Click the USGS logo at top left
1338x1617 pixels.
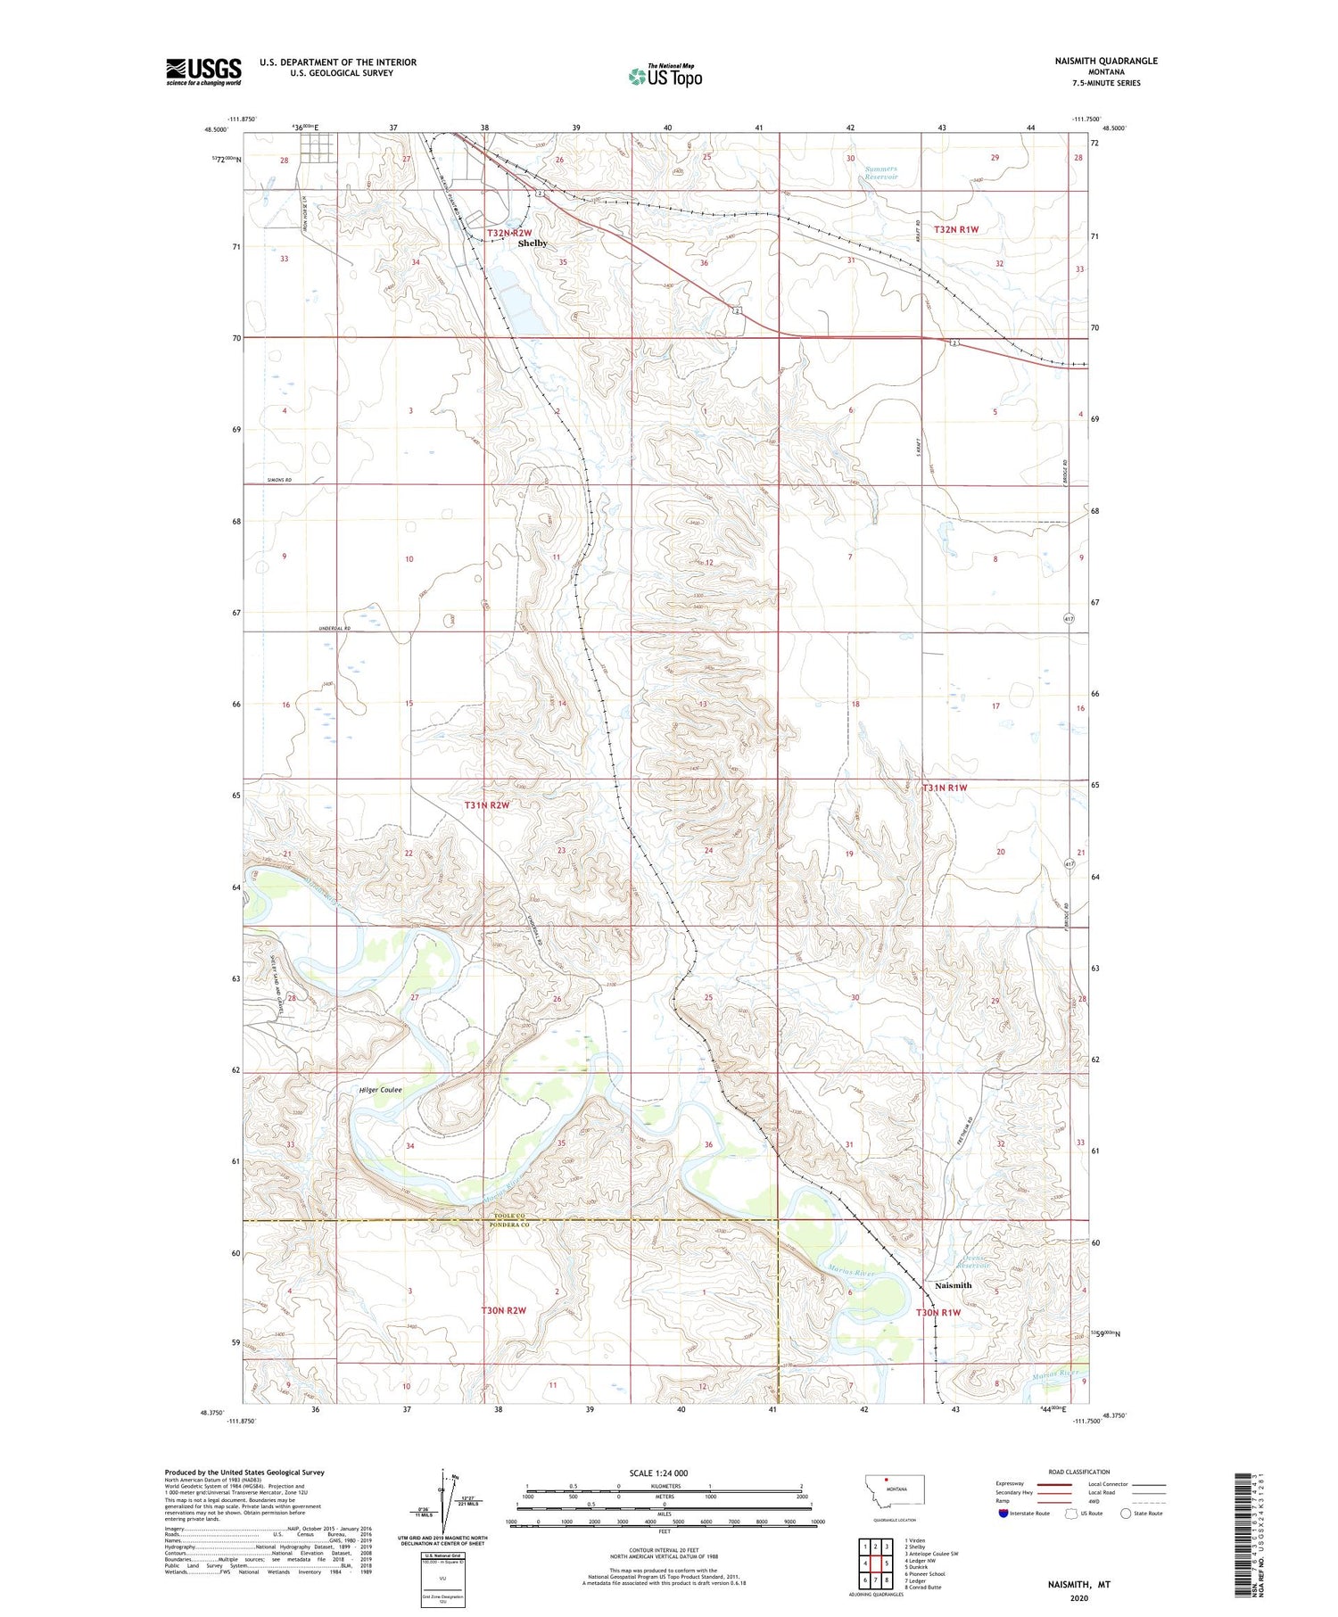203,71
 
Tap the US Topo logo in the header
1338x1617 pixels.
665,77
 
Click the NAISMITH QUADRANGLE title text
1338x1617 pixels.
1103,61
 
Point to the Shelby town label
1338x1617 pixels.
533,243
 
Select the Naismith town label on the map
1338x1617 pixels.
953,1285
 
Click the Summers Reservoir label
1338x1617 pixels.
880,173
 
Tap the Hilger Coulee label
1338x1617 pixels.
380,1090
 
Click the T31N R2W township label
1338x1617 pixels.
487,805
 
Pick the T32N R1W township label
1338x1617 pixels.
956,229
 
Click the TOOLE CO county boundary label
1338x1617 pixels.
509,1217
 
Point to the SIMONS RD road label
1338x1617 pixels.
280,481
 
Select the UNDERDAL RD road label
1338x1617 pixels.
334,629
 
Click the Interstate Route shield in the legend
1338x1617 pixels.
1003,1514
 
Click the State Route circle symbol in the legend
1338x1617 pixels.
1126,1514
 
